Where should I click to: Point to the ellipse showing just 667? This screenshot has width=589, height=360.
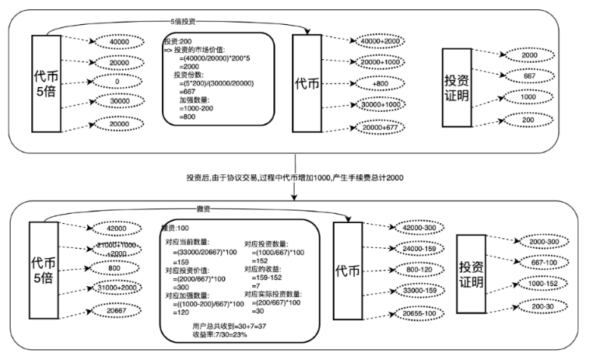tap(528, 76)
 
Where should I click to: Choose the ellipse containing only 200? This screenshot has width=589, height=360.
tap(528, 120)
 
